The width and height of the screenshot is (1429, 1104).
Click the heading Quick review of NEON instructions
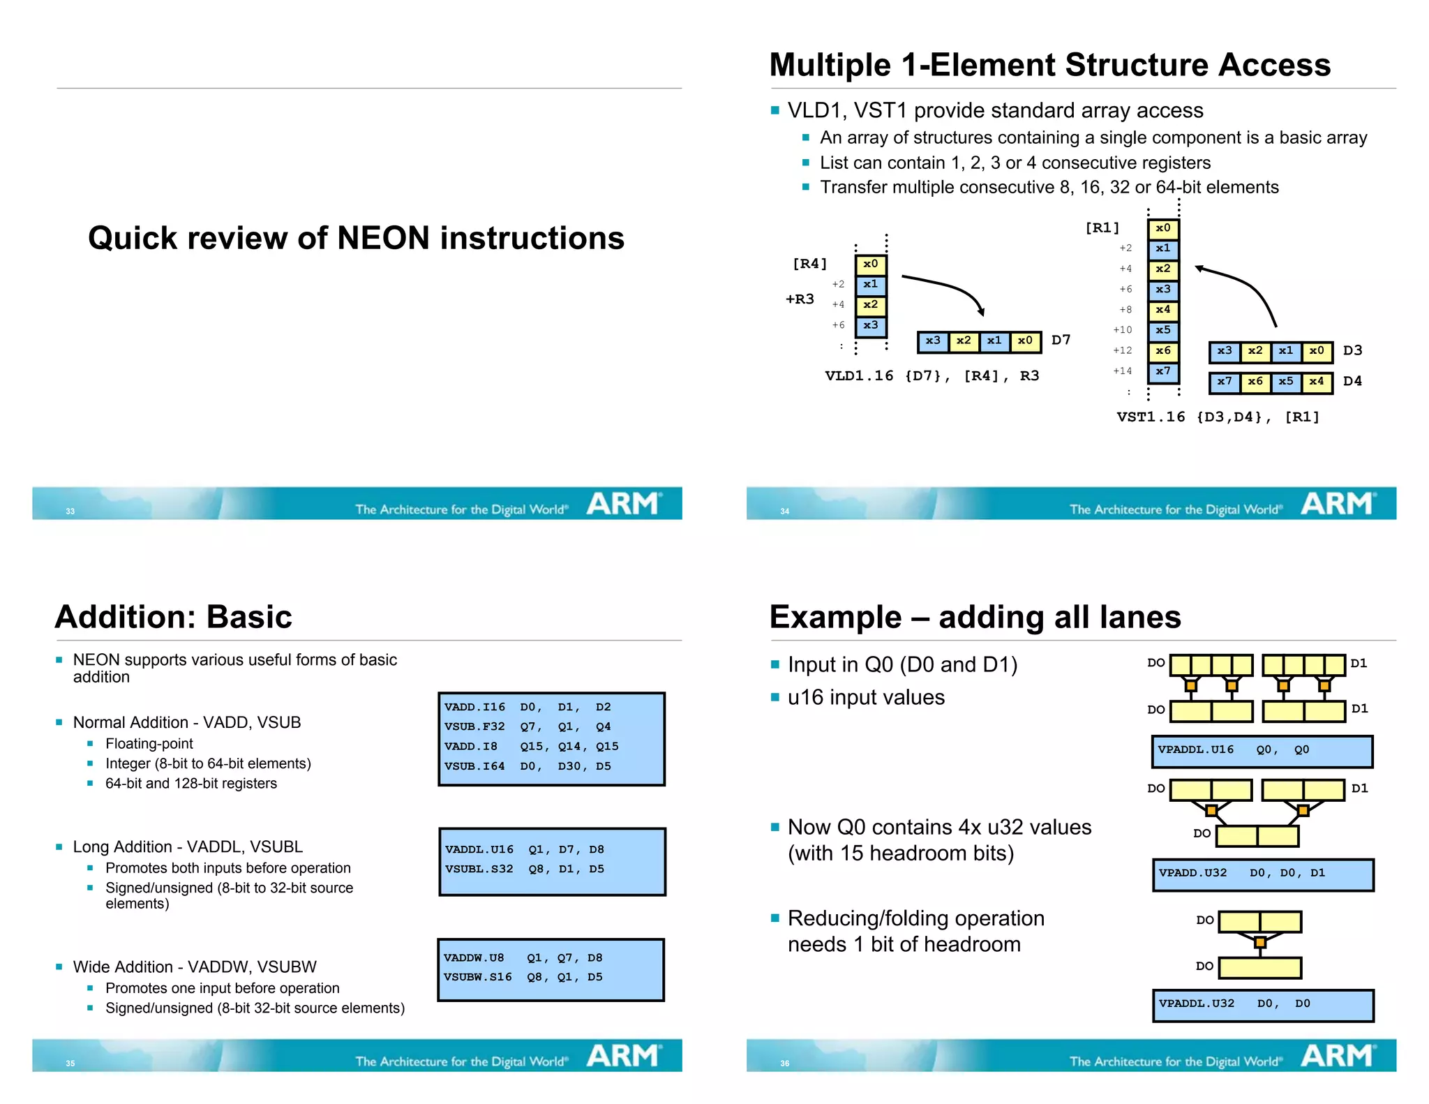(x=356, y=238)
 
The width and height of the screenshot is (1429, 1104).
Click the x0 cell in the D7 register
(x=1025, y=341)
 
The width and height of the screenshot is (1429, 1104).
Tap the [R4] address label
(x=809, y=264)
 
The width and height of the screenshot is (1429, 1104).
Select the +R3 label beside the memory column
(x=800, y=299)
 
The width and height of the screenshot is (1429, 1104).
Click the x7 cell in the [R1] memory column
(x=1162, y=372)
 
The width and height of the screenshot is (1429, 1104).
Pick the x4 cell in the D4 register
(x=1316, y=382)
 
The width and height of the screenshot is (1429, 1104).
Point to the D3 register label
(x=1352, y=350)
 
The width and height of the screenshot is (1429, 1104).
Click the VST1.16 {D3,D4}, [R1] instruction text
(x=1218, y=417)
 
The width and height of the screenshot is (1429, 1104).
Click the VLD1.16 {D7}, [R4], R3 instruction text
(x=932, y=376)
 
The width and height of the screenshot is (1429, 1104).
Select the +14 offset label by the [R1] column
(x=1122, y=371)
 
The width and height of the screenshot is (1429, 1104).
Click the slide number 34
(x=784, y=512)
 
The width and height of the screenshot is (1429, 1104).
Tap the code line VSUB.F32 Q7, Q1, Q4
(x=528, y=726)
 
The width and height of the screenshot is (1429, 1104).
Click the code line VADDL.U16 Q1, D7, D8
(x=524, y=849)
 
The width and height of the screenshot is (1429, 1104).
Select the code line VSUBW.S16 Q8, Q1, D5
(x=523, y=977)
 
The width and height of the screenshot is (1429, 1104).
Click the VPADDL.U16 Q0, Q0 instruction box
(x=1262, y=751)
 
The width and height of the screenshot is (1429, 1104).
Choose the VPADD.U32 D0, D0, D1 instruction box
(x=1263, y=874)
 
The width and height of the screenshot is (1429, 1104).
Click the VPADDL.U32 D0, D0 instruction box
(x=1263, y=1004)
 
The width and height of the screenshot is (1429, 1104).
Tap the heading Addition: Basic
(x=173, y=617)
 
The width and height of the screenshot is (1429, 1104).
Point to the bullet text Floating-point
(x=149, y=744)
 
